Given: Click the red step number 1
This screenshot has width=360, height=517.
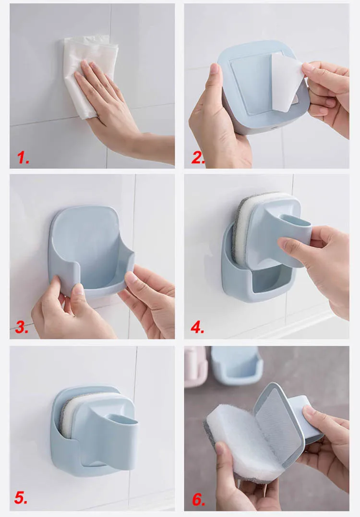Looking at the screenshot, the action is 23,157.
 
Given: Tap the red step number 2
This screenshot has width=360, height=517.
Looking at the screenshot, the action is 197,158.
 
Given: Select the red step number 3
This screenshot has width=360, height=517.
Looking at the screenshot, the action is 22,327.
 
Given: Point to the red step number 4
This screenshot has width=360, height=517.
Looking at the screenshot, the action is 197,327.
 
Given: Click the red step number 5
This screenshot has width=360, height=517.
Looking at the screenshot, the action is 21,497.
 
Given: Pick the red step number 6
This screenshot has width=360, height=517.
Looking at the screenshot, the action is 198,499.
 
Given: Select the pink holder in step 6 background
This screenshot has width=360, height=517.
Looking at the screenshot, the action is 195,366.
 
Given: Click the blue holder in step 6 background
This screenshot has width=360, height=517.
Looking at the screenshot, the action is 236,365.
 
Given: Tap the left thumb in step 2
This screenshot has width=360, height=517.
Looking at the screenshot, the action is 214,77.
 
